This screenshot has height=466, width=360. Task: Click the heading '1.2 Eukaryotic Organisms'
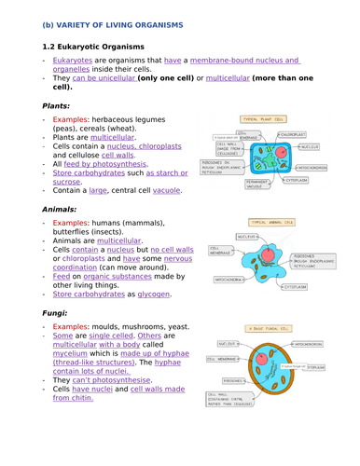pos(94,45)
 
